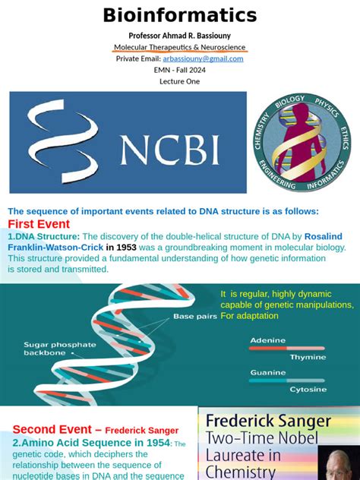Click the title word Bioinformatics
pos(180,15)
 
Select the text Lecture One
pos(180,81)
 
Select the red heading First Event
pos(39,224)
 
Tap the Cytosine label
pos(308,389)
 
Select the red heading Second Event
pos(57,428)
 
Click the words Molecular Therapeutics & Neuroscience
pos(180,47)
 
